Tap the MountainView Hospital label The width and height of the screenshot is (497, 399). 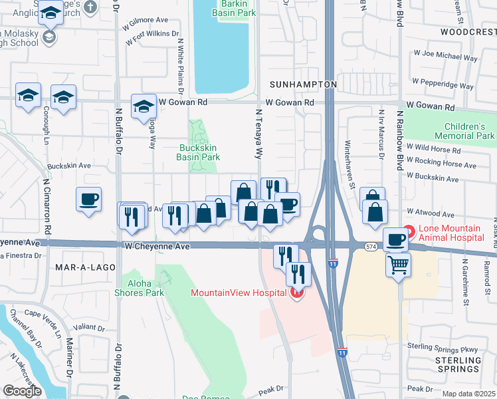(x=239, y=292)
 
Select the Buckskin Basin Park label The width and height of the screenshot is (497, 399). (x=198, y=153)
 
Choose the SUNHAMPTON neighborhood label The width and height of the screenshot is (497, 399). (x=304, y=85)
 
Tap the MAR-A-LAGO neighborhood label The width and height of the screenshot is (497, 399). (x=82, y=267)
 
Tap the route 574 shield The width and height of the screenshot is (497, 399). (x=371, y=247)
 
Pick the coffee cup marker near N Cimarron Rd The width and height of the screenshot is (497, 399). (x=88, y=199)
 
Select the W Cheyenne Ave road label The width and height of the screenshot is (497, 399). (x=157, y=246)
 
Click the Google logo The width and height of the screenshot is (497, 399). (x=23, y=391)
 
